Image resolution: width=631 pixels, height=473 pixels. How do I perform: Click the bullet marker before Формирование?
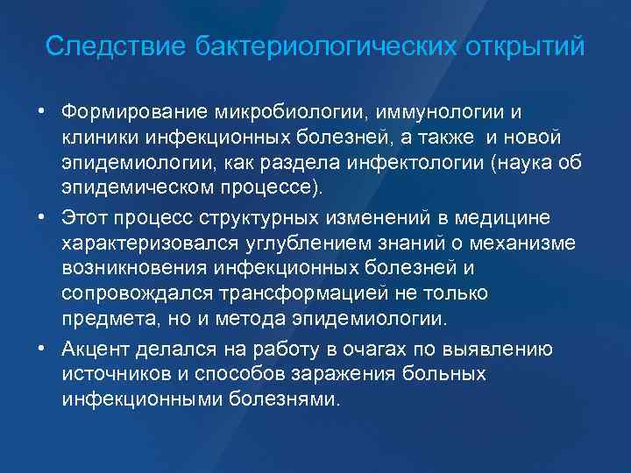(41, 112)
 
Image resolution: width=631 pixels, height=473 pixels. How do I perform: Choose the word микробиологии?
(295, 112)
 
